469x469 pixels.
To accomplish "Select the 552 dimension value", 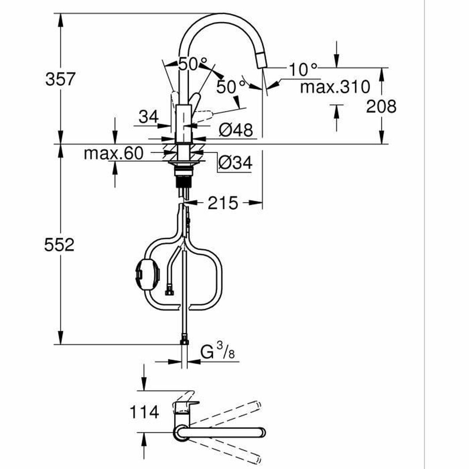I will pyautogui.click(x=59, y=245).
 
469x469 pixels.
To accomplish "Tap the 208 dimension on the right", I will pyautogui.click(x=381, y=106).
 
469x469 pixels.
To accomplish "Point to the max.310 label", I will pyautogui.click(x=335, y=87).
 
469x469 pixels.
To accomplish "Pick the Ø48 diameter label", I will pyautogui.click(x=235, y=130).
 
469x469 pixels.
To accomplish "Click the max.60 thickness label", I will pyautogui.click(x=114, y=154).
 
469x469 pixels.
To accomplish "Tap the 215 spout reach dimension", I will pyautogui.click(x=222, y=203).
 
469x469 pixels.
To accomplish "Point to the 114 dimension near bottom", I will pyautogui.click(x=144, y=412).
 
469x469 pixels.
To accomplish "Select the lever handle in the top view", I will pyautogui.click(x=182, y=406).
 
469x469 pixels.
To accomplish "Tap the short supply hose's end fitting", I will pyautogui.click(x=169, y=292).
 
